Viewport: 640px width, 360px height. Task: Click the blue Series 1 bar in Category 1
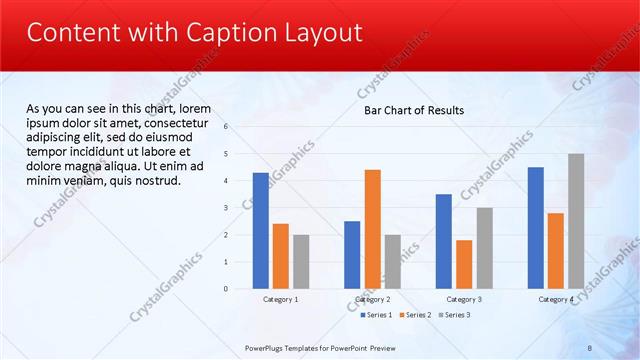click(x=261, y=231)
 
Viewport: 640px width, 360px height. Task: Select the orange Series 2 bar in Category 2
click(x=372, y=229)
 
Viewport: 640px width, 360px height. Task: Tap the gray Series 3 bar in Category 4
click(x=576, y=221)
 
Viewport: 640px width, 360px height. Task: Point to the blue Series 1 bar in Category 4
click(x=536, y=228)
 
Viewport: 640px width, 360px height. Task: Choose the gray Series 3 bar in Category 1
click(x=301, y=262)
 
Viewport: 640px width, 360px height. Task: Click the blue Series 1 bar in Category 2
click(x=352, y=255)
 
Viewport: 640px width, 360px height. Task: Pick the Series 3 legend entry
click(x=455, y=315)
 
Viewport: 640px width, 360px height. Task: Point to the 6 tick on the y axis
click(x=227, y=127)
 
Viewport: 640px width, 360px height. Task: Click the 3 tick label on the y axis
click(x=227, y=208)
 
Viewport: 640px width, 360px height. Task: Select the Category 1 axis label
click(x=281, y=299)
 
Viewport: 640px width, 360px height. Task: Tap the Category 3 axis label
click(x=464, y=299)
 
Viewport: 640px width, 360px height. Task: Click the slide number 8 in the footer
click(x=590, y=347)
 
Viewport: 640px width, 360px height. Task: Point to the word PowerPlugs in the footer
click(x=264, y=347)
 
